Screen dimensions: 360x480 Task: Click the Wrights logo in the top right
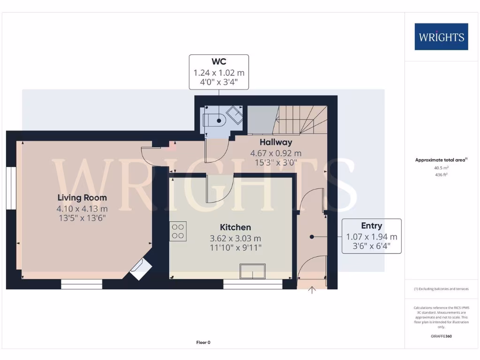(x=441, y=37)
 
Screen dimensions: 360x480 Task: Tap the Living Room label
(x=82, y=198)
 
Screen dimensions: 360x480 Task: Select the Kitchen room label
(x=237, y=227)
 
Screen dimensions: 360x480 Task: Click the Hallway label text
(x=276, y=142)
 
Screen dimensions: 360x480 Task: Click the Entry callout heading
(x=371, y=226)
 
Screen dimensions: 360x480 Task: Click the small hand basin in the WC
(x=234, y=114)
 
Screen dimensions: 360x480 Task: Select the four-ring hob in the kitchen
(x=178, y=231)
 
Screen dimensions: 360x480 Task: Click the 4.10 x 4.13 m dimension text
(x=82, y=209)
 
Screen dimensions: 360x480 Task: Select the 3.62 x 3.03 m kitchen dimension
(x=236, y=238)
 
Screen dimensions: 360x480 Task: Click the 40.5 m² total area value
(x=441, y=167)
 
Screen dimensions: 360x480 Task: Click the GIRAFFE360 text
(x=441, y=336)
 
